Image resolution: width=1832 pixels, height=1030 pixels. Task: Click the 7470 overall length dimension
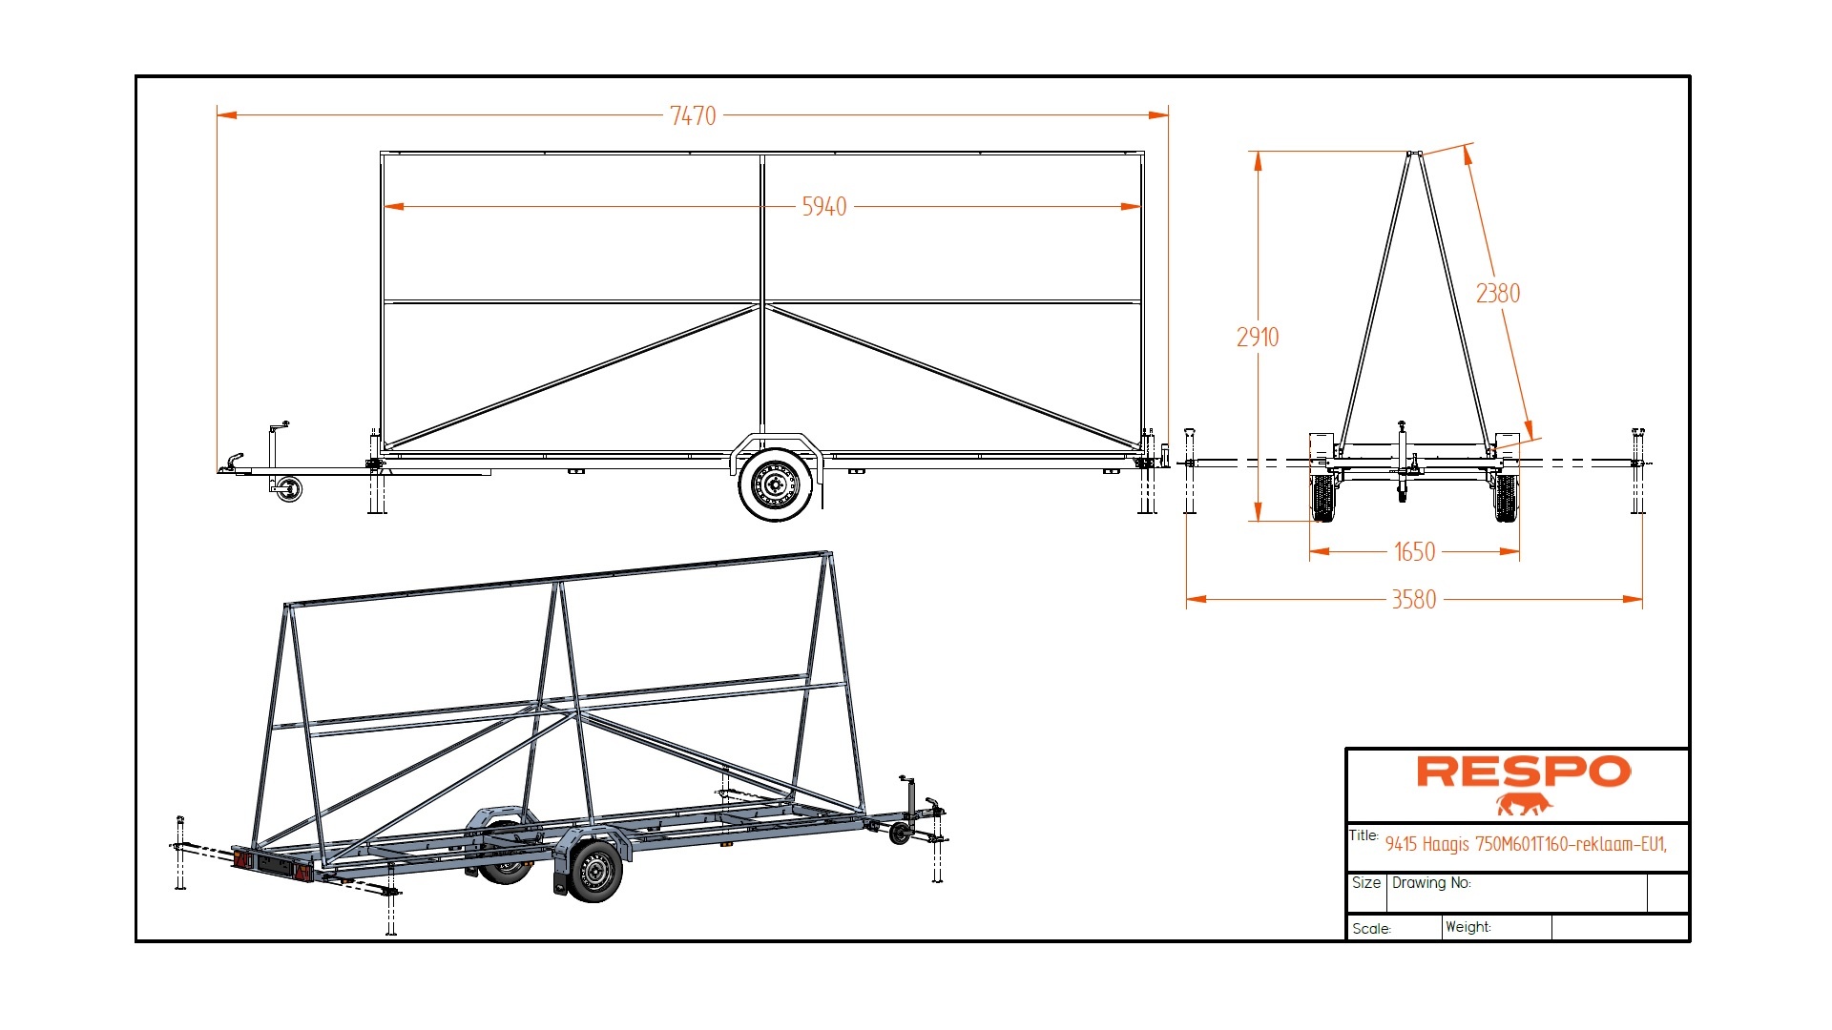pyautogui.click(x=693, y=115)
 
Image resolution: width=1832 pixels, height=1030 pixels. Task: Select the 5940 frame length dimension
pyautogui.click(x=823, y=206)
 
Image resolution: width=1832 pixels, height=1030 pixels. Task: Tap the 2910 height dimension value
pyautogui.click(x=1258, y=337)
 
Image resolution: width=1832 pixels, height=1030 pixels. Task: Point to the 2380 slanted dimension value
pyautogui.click(x=1498, y=293)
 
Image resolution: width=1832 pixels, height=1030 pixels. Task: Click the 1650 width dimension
pyautogui.click(x=1414, y=551)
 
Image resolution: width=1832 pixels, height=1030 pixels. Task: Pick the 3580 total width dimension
pyautogui.click(x=1413, y=599)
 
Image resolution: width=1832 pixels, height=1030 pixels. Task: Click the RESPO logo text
pyautogui.click(x=1524, y=772)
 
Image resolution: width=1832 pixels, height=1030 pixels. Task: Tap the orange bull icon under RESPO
pyautogui.click(x=1524, y=805)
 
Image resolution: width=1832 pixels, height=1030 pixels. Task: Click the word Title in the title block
pyautogui.click(x=1363, y=836)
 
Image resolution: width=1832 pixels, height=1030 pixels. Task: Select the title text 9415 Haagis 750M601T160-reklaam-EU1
pyautogui.click(x=1525, y=844)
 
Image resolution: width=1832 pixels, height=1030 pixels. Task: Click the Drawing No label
pyautogui.click(x=1430, y=883)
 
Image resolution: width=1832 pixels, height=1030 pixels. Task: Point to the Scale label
pyautogui.click(x=1371, y=929)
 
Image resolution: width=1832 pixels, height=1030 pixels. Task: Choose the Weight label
pyautogui.click(x=1468, y=927)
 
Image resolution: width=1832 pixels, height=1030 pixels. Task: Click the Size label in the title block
pyautogui.click(x=1365, y=883)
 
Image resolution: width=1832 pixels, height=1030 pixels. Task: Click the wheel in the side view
pyautogui.click(x=777, y=484)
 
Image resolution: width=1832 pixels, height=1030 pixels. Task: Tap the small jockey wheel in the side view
pyautogui.click(x=288, y=489)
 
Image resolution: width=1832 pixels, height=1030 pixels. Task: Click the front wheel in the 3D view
pyautogui.click(x=594, y=871)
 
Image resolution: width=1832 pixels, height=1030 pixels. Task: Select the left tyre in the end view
pyautogui.click(x=1323, y=498)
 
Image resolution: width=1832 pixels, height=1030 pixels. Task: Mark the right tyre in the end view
pyautogui.click(x=1506, y=498)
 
